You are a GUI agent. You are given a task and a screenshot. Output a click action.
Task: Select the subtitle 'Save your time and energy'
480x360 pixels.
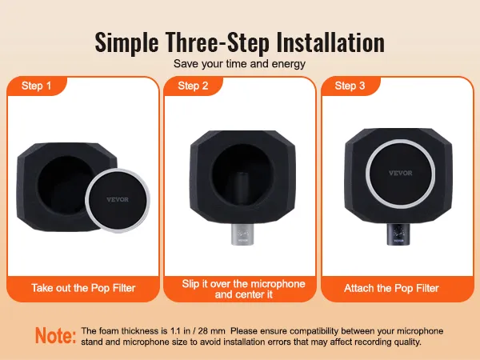click(239, 62)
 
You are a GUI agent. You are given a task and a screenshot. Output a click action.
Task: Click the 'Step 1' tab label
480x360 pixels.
click(37, 86)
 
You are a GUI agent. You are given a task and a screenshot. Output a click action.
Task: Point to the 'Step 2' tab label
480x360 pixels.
click(194, 86)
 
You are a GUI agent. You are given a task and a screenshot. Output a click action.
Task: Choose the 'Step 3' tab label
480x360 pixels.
click(350, 86)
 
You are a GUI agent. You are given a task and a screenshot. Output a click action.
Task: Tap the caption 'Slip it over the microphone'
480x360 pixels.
click(239, 283)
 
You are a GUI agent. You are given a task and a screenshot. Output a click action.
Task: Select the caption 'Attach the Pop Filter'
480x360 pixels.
click(391, 286)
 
